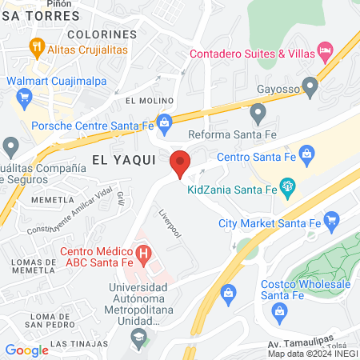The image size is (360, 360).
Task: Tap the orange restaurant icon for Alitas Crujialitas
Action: (x=37, y=46)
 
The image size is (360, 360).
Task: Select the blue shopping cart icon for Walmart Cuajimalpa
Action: (x=23, y=98)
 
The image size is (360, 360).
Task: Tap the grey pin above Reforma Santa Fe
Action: (x=258, y=113)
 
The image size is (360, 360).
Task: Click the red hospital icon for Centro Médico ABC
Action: (x=144, y=256)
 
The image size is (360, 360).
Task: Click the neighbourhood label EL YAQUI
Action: (x=124, y=160)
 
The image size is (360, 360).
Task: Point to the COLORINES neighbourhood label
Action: (x=102, y=34)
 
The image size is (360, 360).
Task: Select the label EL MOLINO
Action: (x=150, y=99)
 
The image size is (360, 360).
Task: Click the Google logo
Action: (x=26, y=350)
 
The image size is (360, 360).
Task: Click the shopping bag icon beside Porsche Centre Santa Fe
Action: (x=164, y=122)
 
